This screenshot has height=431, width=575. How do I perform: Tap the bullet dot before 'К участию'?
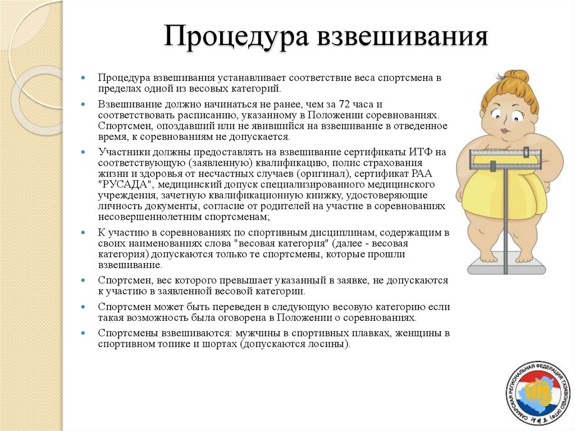coord(83,232)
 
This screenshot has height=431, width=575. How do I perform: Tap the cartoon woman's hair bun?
coord(517,76)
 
